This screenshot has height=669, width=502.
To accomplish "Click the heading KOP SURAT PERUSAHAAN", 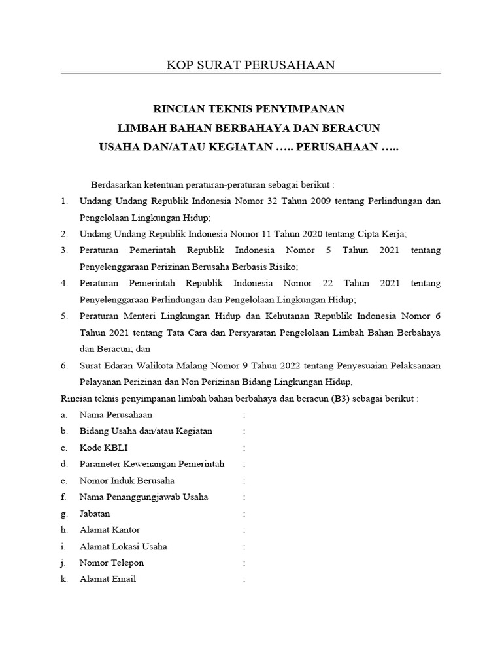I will pos(250,64).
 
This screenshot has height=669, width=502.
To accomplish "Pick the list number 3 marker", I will pos(65,250).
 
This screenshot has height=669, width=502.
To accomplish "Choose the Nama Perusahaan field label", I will pos(116,415).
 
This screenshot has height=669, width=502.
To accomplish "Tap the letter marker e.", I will pos(64,480).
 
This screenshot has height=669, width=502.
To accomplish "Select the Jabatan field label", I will pos(95,514).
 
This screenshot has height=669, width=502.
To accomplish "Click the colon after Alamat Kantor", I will pos(244,530).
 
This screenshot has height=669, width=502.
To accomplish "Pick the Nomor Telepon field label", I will pos(112,563).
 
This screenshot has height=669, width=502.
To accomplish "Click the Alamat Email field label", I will pos(108,579).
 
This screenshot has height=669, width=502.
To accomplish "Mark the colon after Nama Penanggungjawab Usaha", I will pos(244,497).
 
